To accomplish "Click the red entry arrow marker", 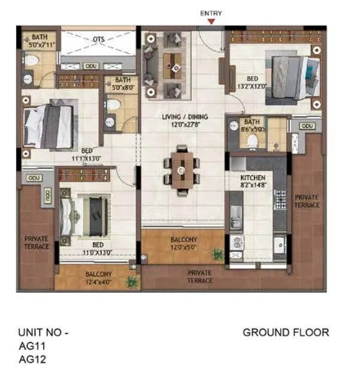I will click(x=210, y=22).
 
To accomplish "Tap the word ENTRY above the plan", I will click(x=210, y=13).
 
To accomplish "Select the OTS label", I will click(x=98, y=40).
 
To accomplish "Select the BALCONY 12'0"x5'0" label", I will click(x=183, y=243).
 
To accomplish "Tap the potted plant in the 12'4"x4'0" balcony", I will click(x=131, y=280).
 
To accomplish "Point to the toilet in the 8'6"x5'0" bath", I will click(x=253, y=140).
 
